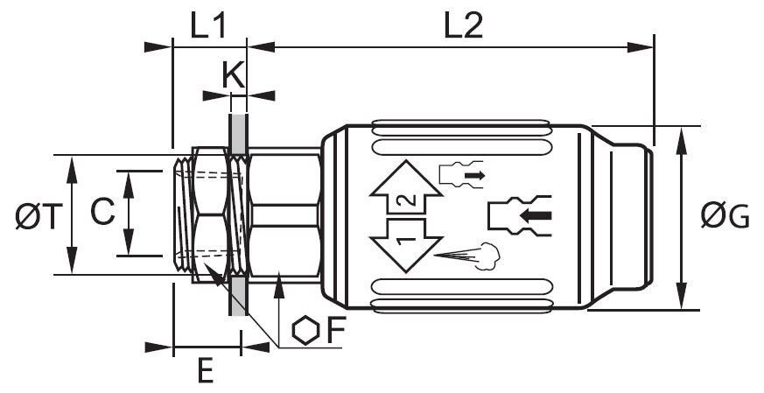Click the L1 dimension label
[x=208, y=26]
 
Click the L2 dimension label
[x=463, y=26]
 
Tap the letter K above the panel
[x=233, y=74]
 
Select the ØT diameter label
[x=39, y=216]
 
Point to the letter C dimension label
[x=102, y=213]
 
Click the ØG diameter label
[x=725, y=216]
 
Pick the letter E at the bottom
[x=206, y=370]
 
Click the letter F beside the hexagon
[x=336, y=331]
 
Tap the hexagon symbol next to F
[x=305, y=331]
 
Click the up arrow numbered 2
[x=406, y=187]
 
